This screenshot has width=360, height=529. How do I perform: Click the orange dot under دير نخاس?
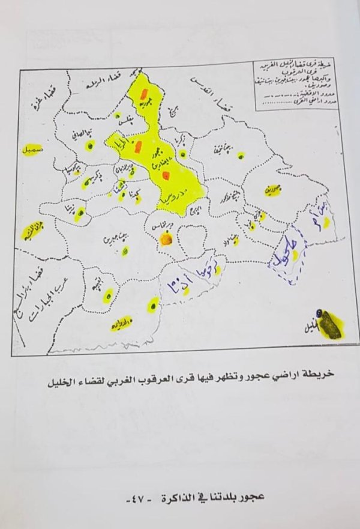point(167,241)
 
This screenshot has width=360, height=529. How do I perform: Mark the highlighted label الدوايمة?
point(123,322)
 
